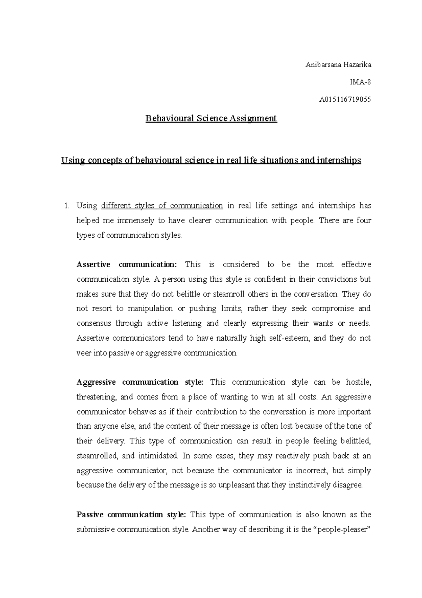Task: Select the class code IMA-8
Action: click(x=360, y=82)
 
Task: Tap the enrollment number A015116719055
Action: click(x=345, y=99)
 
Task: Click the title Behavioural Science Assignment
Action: click(x=211, y=118)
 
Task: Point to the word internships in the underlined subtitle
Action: click(x=339, y=161)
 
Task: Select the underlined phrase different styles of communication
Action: click(x=162, y=206)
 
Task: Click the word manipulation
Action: click(x=150, y=309)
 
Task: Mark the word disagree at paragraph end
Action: click(x=348, y=485)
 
